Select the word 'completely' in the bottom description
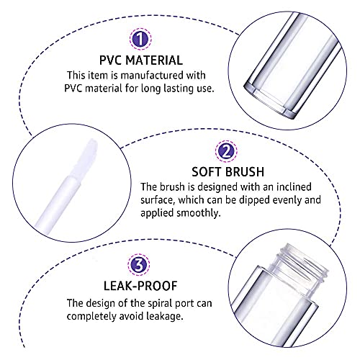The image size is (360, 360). click(x=94, y=316)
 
